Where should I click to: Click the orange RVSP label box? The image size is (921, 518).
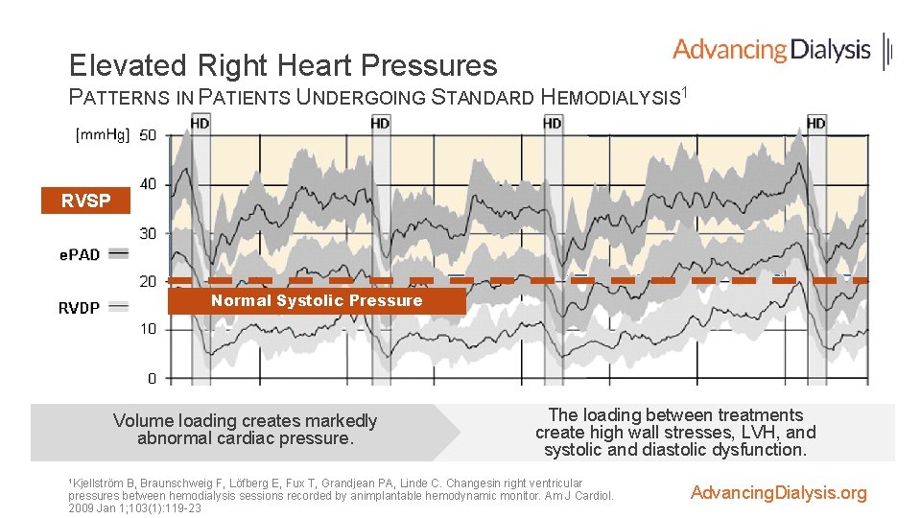85,201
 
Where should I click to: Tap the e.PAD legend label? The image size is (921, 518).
80,254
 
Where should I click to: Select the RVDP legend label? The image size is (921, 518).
79,308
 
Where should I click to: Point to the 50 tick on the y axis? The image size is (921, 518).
148,135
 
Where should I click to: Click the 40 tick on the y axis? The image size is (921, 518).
148,184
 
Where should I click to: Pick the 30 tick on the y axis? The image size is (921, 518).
148,233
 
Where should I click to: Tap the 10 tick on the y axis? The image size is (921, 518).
148,329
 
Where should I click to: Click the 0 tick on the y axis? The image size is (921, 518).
152,378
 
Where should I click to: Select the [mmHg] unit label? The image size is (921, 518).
103,135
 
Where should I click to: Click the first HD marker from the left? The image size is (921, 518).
201,123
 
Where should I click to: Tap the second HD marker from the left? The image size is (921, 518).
380,123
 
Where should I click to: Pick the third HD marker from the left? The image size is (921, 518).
553,123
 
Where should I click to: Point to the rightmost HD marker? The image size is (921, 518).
815,123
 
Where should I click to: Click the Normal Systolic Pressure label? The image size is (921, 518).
317,301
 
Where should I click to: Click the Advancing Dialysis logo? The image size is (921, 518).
782,50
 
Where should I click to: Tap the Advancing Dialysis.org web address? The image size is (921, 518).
778,493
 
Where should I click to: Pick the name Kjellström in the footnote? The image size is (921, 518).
104,483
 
